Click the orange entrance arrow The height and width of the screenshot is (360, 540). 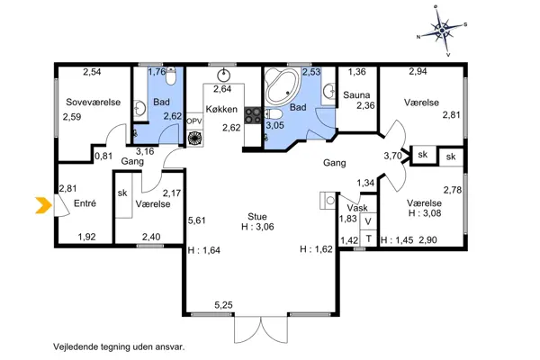click(x=43, y=205)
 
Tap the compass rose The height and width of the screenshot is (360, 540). click(x=443, y=31)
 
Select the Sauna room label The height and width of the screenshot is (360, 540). click(x=356, y=95)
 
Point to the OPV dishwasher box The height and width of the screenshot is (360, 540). click(x=194, y=121)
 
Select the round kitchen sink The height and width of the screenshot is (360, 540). click(x=224, y=75)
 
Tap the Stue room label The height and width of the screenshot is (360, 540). click(x=257, y=217)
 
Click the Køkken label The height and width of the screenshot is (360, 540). click(x=221, y=109)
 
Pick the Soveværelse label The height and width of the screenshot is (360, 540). click(x=94, y=103)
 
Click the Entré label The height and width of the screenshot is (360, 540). click(x=85, y=203)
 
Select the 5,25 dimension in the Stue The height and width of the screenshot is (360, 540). click(x=223, y=305)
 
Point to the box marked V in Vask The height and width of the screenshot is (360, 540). click(x=368, y=221)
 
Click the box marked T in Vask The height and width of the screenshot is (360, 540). click(x=368, y=238)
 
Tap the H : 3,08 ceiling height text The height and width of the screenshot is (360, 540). click(x=425, y=213)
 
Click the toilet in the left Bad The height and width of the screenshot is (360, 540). click(x=170, y=76)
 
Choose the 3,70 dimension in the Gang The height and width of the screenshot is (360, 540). click(x=393, y=156)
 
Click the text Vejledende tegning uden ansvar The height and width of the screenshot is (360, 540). click(x=119, y=346)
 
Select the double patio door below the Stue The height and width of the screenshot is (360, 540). click(x=261, y=329)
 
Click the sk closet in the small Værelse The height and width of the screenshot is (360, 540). click(x=123, y=195)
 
